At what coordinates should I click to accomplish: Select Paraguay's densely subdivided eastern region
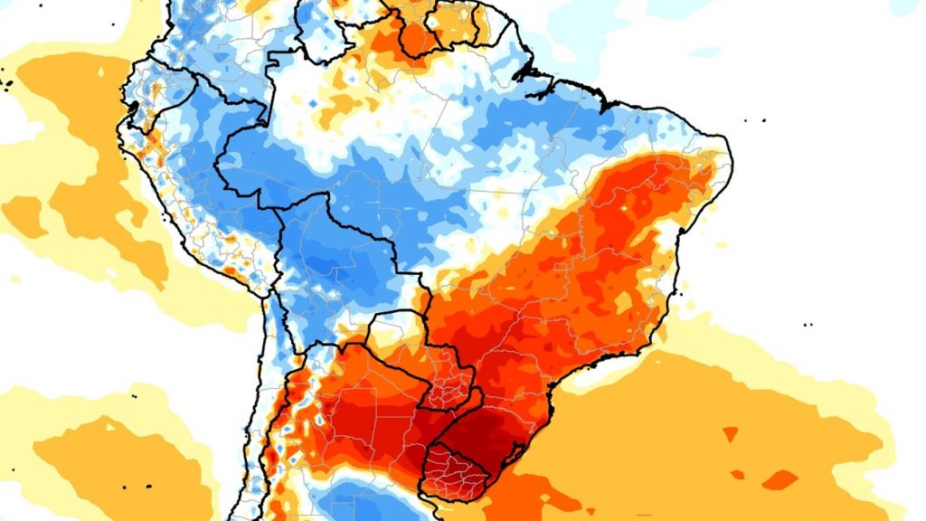pos(447,384)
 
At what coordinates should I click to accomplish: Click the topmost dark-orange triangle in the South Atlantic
pos(729,434)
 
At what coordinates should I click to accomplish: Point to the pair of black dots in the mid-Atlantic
pos(808,323)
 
